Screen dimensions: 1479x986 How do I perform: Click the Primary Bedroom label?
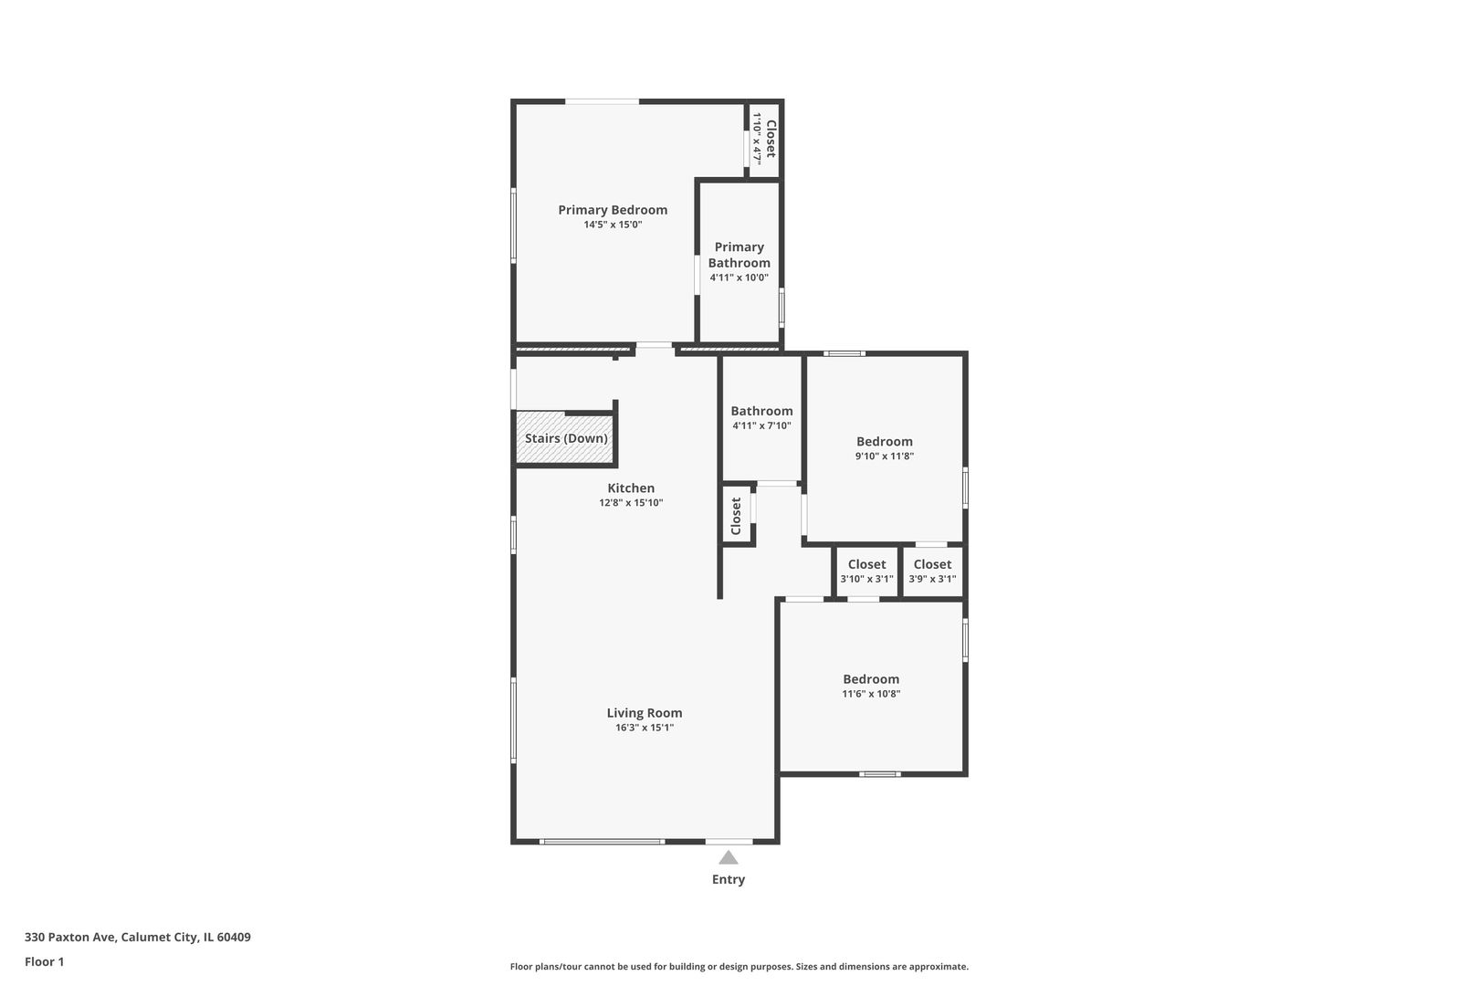(x=613, y=210)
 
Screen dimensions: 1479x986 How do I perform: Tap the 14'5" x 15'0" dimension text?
(x=613, y=225)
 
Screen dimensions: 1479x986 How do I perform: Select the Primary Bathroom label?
(x=739, y=255)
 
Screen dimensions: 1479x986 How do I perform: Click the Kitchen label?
(x=631, y=488)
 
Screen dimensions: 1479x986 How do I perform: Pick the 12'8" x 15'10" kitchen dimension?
(x=631, y=502)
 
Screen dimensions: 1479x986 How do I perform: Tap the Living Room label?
(x=645, y=713)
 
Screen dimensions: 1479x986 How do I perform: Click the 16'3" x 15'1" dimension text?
(x=645, y=728)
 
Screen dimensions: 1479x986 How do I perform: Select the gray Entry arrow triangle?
(x=729, y=857)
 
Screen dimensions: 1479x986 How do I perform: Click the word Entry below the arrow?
(x=729, y=879)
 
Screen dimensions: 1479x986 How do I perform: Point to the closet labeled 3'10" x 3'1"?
(x=867, y=572)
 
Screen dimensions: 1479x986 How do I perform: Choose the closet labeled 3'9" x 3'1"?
(x=932, y=572)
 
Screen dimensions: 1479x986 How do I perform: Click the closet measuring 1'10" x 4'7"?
(x=764, y=140)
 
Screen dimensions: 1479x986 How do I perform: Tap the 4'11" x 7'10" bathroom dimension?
(x=762, y=426)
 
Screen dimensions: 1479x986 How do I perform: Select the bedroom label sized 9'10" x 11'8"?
(x=885, y=442)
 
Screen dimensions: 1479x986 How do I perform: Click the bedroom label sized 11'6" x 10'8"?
(x=871, y=679)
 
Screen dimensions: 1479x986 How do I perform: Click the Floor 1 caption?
(x=44, y=961)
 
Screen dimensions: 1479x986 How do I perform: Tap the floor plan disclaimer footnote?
(x=739, y=966)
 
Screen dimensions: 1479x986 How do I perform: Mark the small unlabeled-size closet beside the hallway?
(x=737, y=516)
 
